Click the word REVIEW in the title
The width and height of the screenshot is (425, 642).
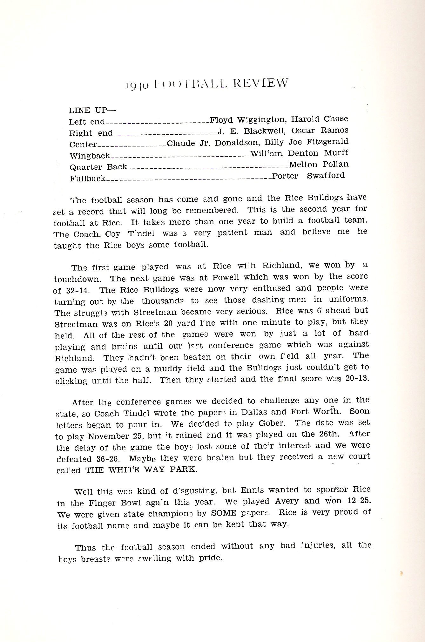[260, 83]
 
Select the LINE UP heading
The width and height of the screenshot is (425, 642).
[92, 110]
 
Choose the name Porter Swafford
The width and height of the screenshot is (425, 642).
[308, 176]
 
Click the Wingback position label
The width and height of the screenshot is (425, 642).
[90, 156]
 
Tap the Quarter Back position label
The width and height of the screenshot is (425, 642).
[98, 167]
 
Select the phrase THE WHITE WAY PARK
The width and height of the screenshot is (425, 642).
[141, 470]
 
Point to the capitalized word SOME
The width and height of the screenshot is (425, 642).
[224, 513]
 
